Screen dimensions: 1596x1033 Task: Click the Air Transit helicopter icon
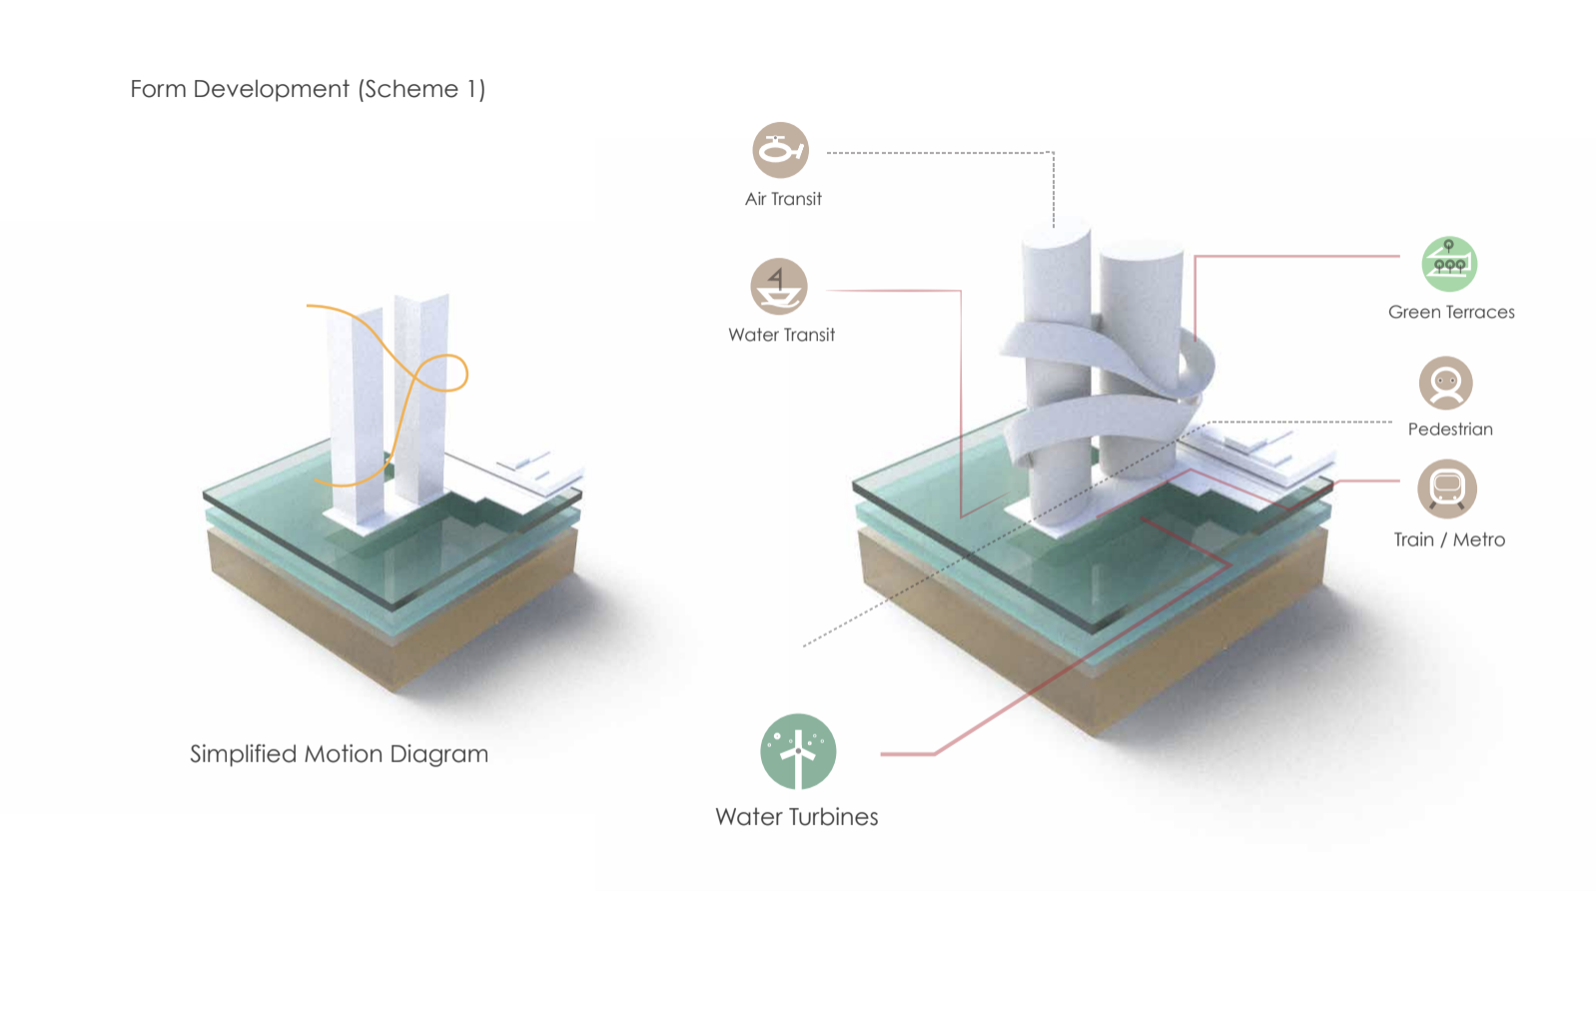[x=780, y=151]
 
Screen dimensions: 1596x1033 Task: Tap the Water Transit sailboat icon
[x=779, y=287]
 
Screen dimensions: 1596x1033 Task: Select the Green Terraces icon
[x=1449, y=264]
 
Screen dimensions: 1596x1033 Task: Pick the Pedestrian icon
[x=1445, y=384]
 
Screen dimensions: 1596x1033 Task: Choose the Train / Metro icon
[x=1447, y=490]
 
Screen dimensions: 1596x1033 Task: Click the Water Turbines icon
[x=798, y=751]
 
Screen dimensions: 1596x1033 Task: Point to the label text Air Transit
[x=783, y=199]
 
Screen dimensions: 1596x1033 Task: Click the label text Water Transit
[x=781, y=335]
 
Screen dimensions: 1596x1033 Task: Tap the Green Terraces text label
[x=1451, y=312]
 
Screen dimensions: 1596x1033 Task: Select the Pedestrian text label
[x=1450, y=430]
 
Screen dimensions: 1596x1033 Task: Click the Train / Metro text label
[x=1449, y=539]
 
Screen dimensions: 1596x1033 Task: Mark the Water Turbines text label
[x=797, y=817]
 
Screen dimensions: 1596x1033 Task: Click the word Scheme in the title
[x=413, y=89]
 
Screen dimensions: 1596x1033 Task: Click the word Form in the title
[x=158, y=89]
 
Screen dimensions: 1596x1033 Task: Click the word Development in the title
[x=272, y=90]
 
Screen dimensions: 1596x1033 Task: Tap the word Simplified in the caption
[x=243, y=754]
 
